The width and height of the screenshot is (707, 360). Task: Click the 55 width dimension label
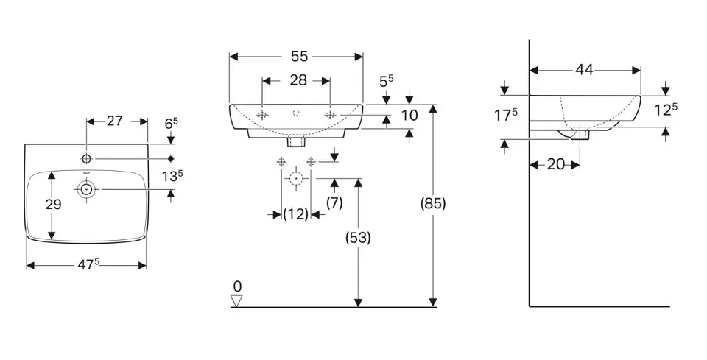pyautogui.click(x=298, y=56)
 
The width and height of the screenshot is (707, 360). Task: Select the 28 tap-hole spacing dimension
pyautogui.click(x=298, y=80)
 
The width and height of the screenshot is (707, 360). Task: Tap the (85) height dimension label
pyautogui.click(x=433, y=204)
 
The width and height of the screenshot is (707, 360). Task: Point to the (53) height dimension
pyautogui.click(x=359, y=237)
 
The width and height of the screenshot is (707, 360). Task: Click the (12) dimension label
pyautogui.click(x=296, y=214)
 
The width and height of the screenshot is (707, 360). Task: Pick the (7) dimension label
pyautogui.click(x=335, y=202)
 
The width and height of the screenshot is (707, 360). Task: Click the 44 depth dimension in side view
pyautogui.click(x=584, y=70)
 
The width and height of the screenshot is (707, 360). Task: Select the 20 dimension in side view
pyautogui.click(x=555, y=164)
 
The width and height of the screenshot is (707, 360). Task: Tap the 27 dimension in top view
pyautogui.click(x=114, y=121)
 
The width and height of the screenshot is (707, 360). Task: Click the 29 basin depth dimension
pyautogui.click(x=53, y=205)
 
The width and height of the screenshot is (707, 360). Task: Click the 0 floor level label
pyautogui.click(x=236, y=286)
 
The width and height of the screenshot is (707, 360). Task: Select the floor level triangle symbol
pyautogui.click(x=236, y=300)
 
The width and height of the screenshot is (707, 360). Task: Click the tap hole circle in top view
pyautogui.click(x=86, y=158)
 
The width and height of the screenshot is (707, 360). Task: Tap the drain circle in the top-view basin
pyautogui.click(x=87, y=190)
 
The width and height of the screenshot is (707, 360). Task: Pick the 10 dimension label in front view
pyautogui.click(x=409, y=116)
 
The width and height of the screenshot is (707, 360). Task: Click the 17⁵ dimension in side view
pyautogui.click(x=505, y=115)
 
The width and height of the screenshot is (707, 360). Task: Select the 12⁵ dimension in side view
pyautogui.click(x=665, y=110)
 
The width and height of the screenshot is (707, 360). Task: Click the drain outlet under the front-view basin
pyautogui.click(x=296, y=139)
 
